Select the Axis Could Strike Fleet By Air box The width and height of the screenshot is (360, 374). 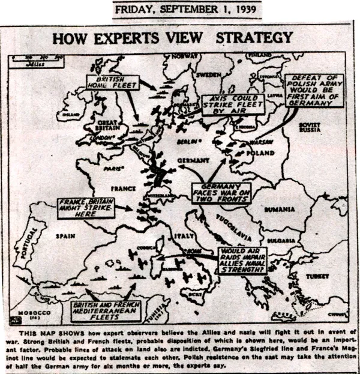point(230,104)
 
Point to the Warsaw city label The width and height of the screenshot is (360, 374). point(259,142)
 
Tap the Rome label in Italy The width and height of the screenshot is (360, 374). point(192,251)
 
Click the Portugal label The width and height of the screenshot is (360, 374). point(25,246)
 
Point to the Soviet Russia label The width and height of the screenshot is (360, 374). point(310,128)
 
